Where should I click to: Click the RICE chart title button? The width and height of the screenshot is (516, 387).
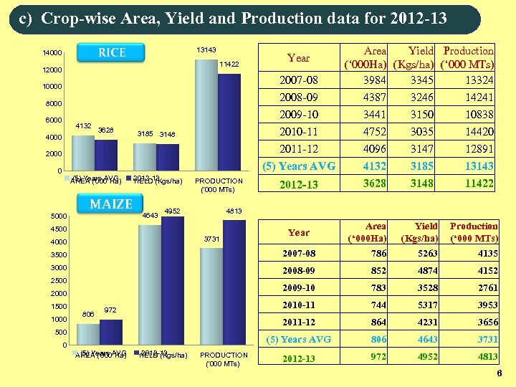pos(112,52)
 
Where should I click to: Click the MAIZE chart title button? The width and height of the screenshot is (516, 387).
pos(111,204)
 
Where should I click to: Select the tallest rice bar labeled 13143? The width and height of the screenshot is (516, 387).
pos(206,115)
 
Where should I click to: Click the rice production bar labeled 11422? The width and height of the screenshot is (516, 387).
pos(229,122)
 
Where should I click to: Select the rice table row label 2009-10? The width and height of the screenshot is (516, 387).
pos(298,114)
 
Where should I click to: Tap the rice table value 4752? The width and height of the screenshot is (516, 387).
pos(375,131)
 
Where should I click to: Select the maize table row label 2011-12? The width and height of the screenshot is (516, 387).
pos(299,322)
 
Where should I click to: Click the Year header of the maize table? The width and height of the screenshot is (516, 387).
pos(299,232)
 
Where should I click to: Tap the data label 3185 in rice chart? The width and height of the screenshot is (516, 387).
pos(145,134)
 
